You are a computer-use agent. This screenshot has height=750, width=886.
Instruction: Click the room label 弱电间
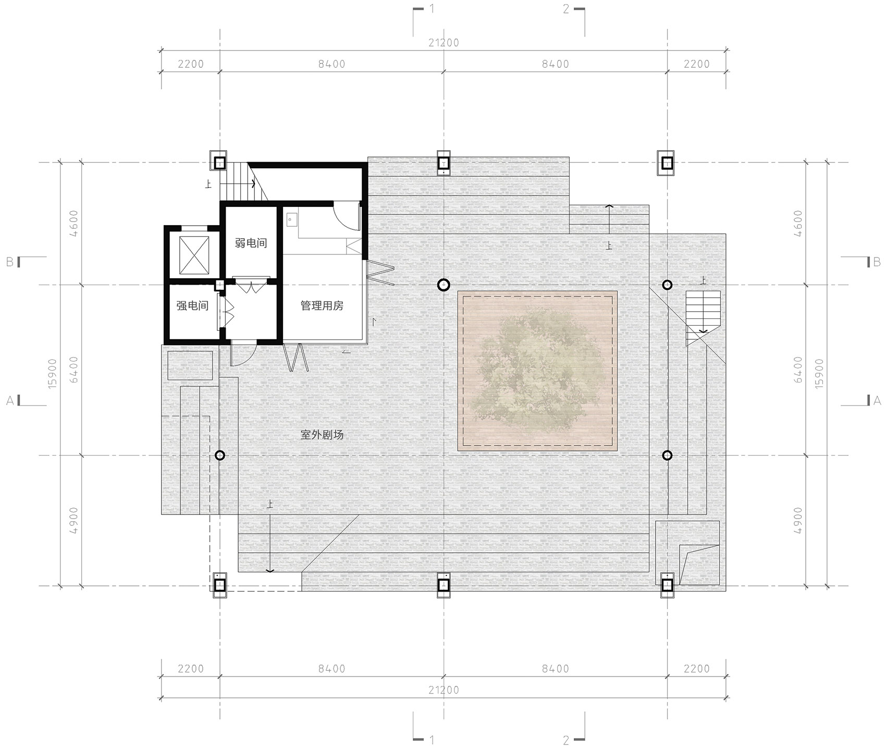point(251,243)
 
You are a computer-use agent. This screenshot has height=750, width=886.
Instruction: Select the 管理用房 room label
point(322,306)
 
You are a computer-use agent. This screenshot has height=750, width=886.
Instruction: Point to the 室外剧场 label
point(322,434)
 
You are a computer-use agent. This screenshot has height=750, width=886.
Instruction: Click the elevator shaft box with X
point(193,255)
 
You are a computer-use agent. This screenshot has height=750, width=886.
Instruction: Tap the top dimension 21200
point(444,43)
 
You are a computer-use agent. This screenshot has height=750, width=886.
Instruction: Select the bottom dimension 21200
point(444,690)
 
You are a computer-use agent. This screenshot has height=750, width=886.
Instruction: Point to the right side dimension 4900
point(798,520)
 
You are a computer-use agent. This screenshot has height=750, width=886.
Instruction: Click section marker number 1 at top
point(432,8)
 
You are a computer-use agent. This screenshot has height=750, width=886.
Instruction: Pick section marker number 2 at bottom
point(566,740)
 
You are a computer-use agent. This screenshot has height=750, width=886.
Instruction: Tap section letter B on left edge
point(10,262)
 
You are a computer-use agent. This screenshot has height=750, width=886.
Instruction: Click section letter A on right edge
point(877,401)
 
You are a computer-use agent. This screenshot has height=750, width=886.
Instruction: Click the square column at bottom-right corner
point(667,586)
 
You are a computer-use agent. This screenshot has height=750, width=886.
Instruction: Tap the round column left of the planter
point(443,285)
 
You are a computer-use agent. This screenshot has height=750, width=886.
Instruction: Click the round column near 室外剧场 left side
point(219,456)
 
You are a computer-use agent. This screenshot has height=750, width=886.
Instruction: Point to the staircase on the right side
point(703,313)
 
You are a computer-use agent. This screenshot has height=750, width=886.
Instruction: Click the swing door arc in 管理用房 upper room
point(346,216)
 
